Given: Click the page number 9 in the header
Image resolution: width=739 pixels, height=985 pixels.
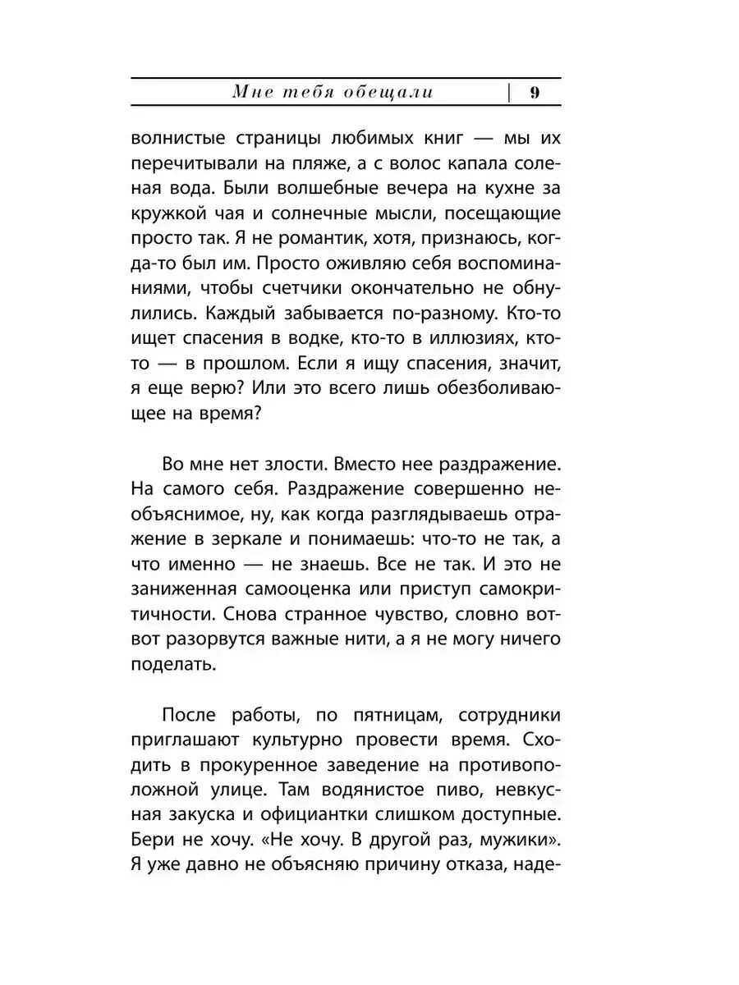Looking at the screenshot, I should tap(535, 93).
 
